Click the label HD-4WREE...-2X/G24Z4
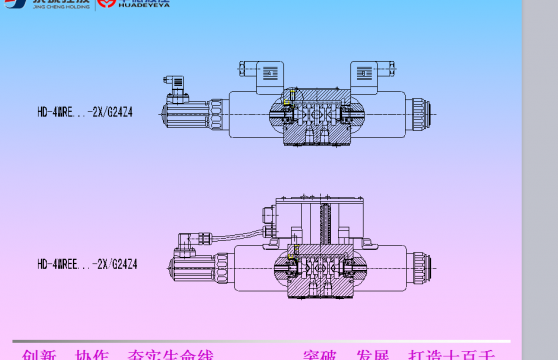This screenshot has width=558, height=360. pos(87,264)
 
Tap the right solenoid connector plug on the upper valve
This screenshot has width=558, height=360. pos(373,72)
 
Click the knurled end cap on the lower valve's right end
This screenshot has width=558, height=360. pos(423,266)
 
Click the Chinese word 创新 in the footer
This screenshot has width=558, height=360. pos(40,355)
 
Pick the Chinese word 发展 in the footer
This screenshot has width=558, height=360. pos(371,355)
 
